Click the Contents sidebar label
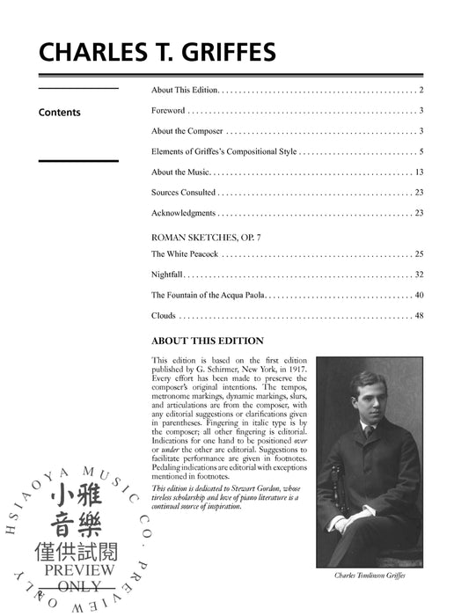pyautogui.click(x=60, y=113)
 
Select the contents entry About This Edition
pyautogui.click(x=184, y=91)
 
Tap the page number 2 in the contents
pyautogui.click(x=422, y=91)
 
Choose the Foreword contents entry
pyautogui.click(x=168, y=111)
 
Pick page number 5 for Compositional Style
pyautogui.click(x=422, y=151)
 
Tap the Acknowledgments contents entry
pyautogui.click(x=183, y=213)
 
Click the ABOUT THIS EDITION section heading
pyautogui.click(x=207, y=341)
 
